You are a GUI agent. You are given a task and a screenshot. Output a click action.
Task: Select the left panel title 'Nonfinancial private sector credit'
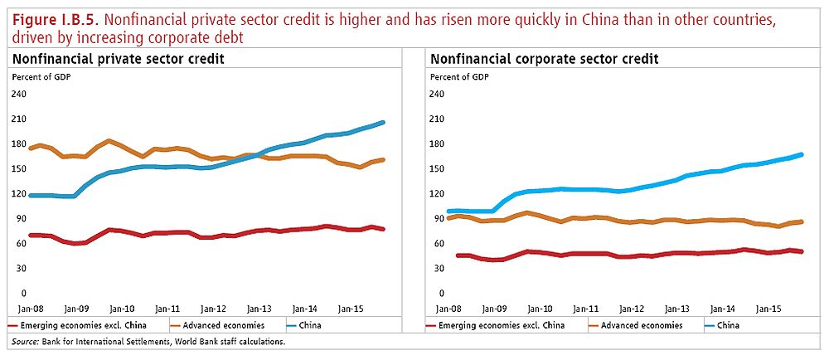tap(118, 59)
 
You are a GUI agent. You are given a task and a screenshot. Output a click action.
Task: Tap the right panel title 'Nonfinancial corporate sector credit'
tap(543, 59)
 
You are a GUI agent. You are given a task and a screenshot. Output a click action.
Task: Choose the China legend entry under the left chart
tap(308, 325)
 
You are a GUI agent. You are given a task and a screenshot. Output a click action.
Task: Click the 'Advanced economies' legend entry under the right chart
tap(643, 325)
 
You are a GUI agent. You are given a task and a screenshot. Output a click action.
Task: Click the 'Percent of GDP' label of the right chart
tap(458, 77)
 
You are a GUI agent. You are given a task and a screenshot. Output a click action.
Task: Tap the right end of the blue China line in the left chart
tap(383, 123)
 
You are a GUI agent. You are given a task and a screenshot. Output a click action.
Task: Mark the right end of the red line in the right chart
tap(801, 251)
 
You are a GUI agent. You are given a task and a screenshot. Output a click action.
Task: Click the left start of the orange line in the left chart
tap(30, 148)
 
